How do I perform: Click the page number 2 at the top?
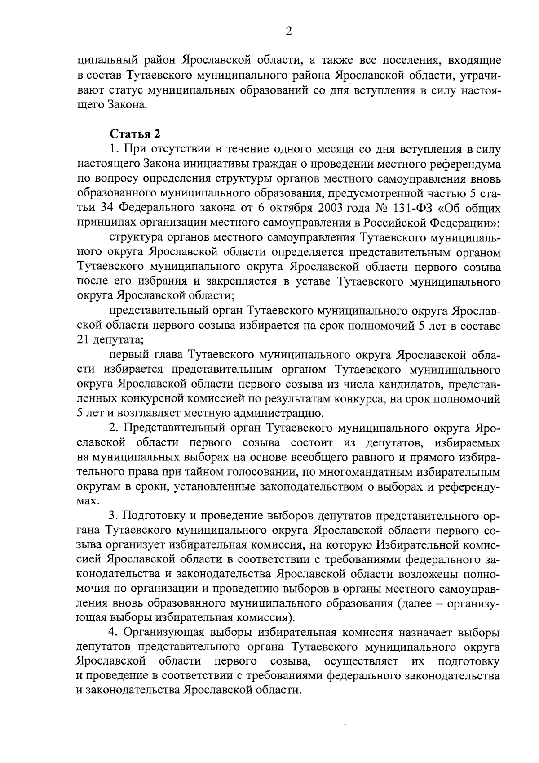tap(289, 31)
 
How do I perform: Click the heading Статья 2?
tap(135, 134)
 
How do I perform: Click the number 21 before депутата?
tap(83, 339)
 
